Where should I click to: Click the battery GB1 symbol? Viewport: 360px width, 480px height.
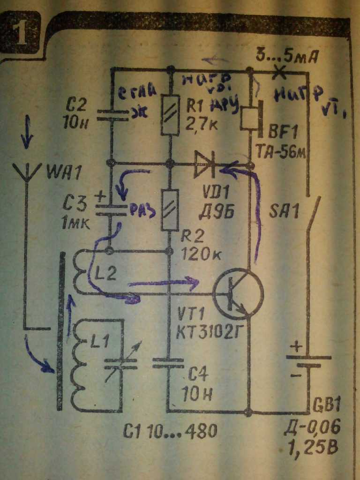[307, 361]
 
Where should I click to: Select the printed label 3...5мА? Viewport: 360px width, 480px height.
[287, 57]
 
